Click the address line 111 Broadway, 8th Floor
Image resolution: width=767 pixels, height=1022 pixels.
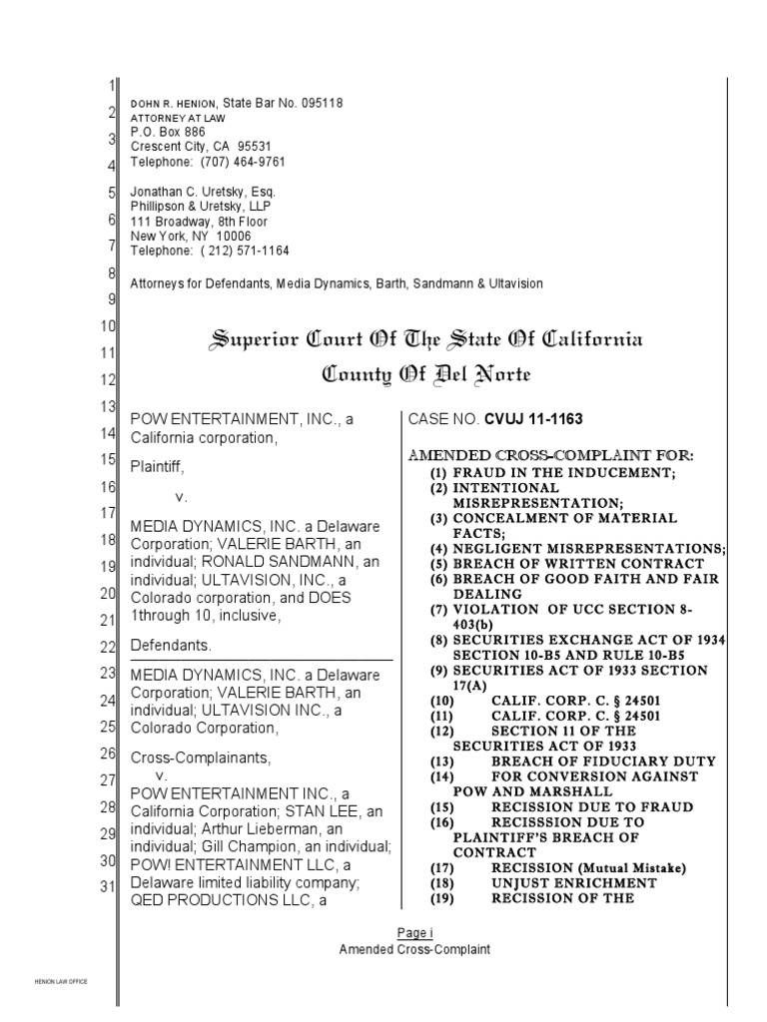click(199, 221)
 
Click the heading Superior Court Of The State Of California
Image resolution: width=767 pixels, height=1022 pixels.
click(425, 339)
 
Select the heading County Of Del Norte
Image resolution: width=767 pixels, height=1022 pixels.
click(425, 375)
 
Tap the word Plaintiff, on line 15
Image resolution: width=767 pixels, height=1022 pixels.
click(158, 465)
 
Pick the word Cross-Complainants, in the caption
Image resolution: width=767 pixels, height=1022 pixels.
click(200, 758)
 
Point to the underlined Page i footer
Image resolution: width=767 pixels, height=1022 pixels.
click(414, 933)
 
